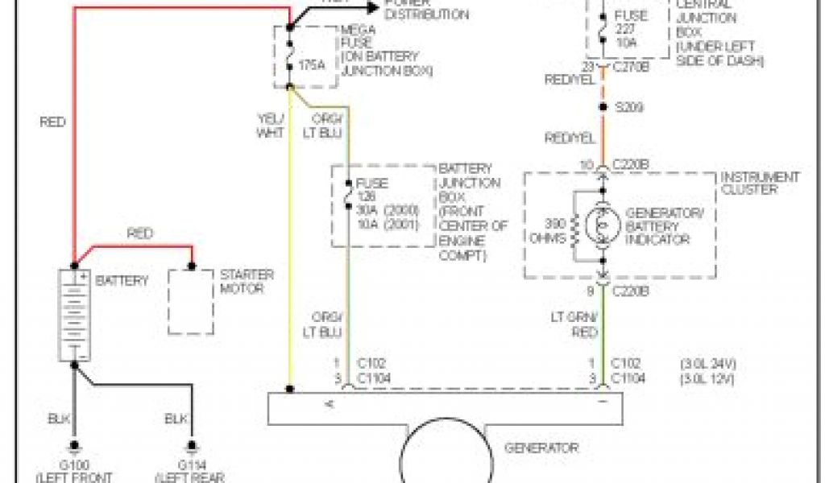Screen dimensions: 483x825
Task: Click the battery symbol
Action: [73, 315]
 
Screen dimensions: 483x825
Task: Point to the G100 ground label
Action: [74, 466]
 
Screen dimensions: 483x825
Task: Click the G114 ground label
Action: [191, 466]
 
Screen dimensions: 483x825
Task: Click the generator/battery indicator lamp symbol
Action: [603, 226]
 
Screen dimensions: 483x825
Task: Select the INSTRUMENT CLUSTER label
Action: [759, 183]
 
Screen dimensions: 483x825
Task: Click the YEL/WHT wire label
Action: [270, 126]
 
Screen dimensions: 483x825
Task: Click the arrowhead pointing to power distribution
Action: [372, 7]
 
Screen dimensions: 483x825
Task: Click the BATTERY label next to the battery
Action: [122, 281]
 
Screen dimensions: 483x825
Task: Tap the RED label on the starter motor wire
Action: [140, 234]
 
